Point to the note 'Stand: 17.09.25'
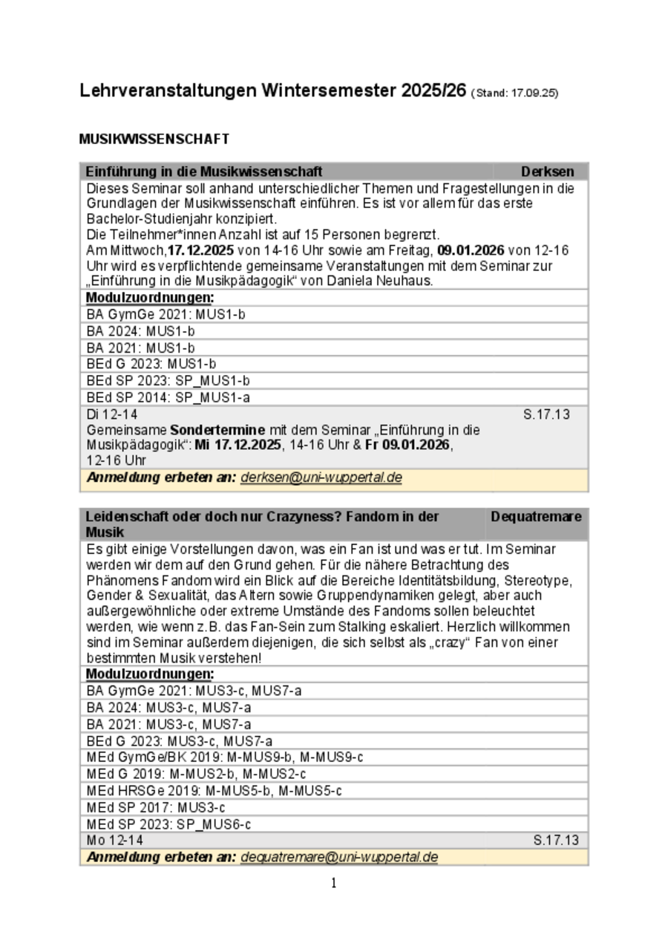(x=515, y=94)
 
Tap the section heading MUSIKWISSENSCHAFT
(x=154, y=139)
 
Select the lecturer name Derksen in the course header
(x=547, y=172)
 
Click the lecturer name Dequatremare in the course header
(x=536, y=516)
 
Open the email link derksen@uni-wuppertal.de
(x=321, y=477)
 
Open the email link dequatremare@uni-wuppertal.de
(x=339, y=857)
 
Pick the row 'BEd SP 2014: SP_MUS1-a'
(x=168, y=397)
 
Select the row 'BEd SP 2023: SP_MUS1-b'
(x=168, y=381)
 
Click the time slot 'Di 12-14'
(x=112, y=414)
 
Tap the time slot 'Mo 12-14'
(x=115, y=840)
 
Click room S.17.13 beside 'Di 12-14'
(x=546, y=414)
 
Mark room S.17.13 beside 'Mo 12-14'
(x=556, y=840)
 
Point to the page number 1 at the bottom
(x=334, y=883)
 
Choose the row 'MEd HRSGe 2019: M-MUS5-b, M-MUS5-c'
(x=214, y=791)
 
